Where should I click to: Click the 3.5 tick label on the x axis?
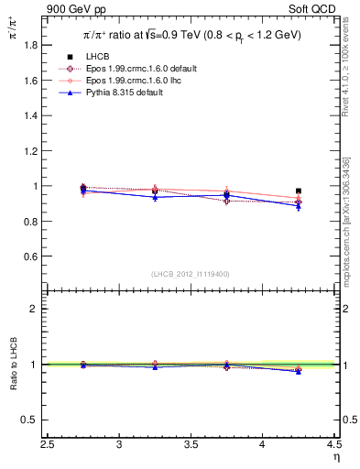191,444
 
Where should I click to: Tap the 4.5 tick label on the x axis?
333,444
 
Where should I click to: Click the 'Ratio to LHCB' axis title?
12,366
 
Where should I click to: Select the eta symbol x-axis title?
334,457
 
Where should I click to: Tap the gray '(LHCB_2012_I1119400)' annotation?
191,274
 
